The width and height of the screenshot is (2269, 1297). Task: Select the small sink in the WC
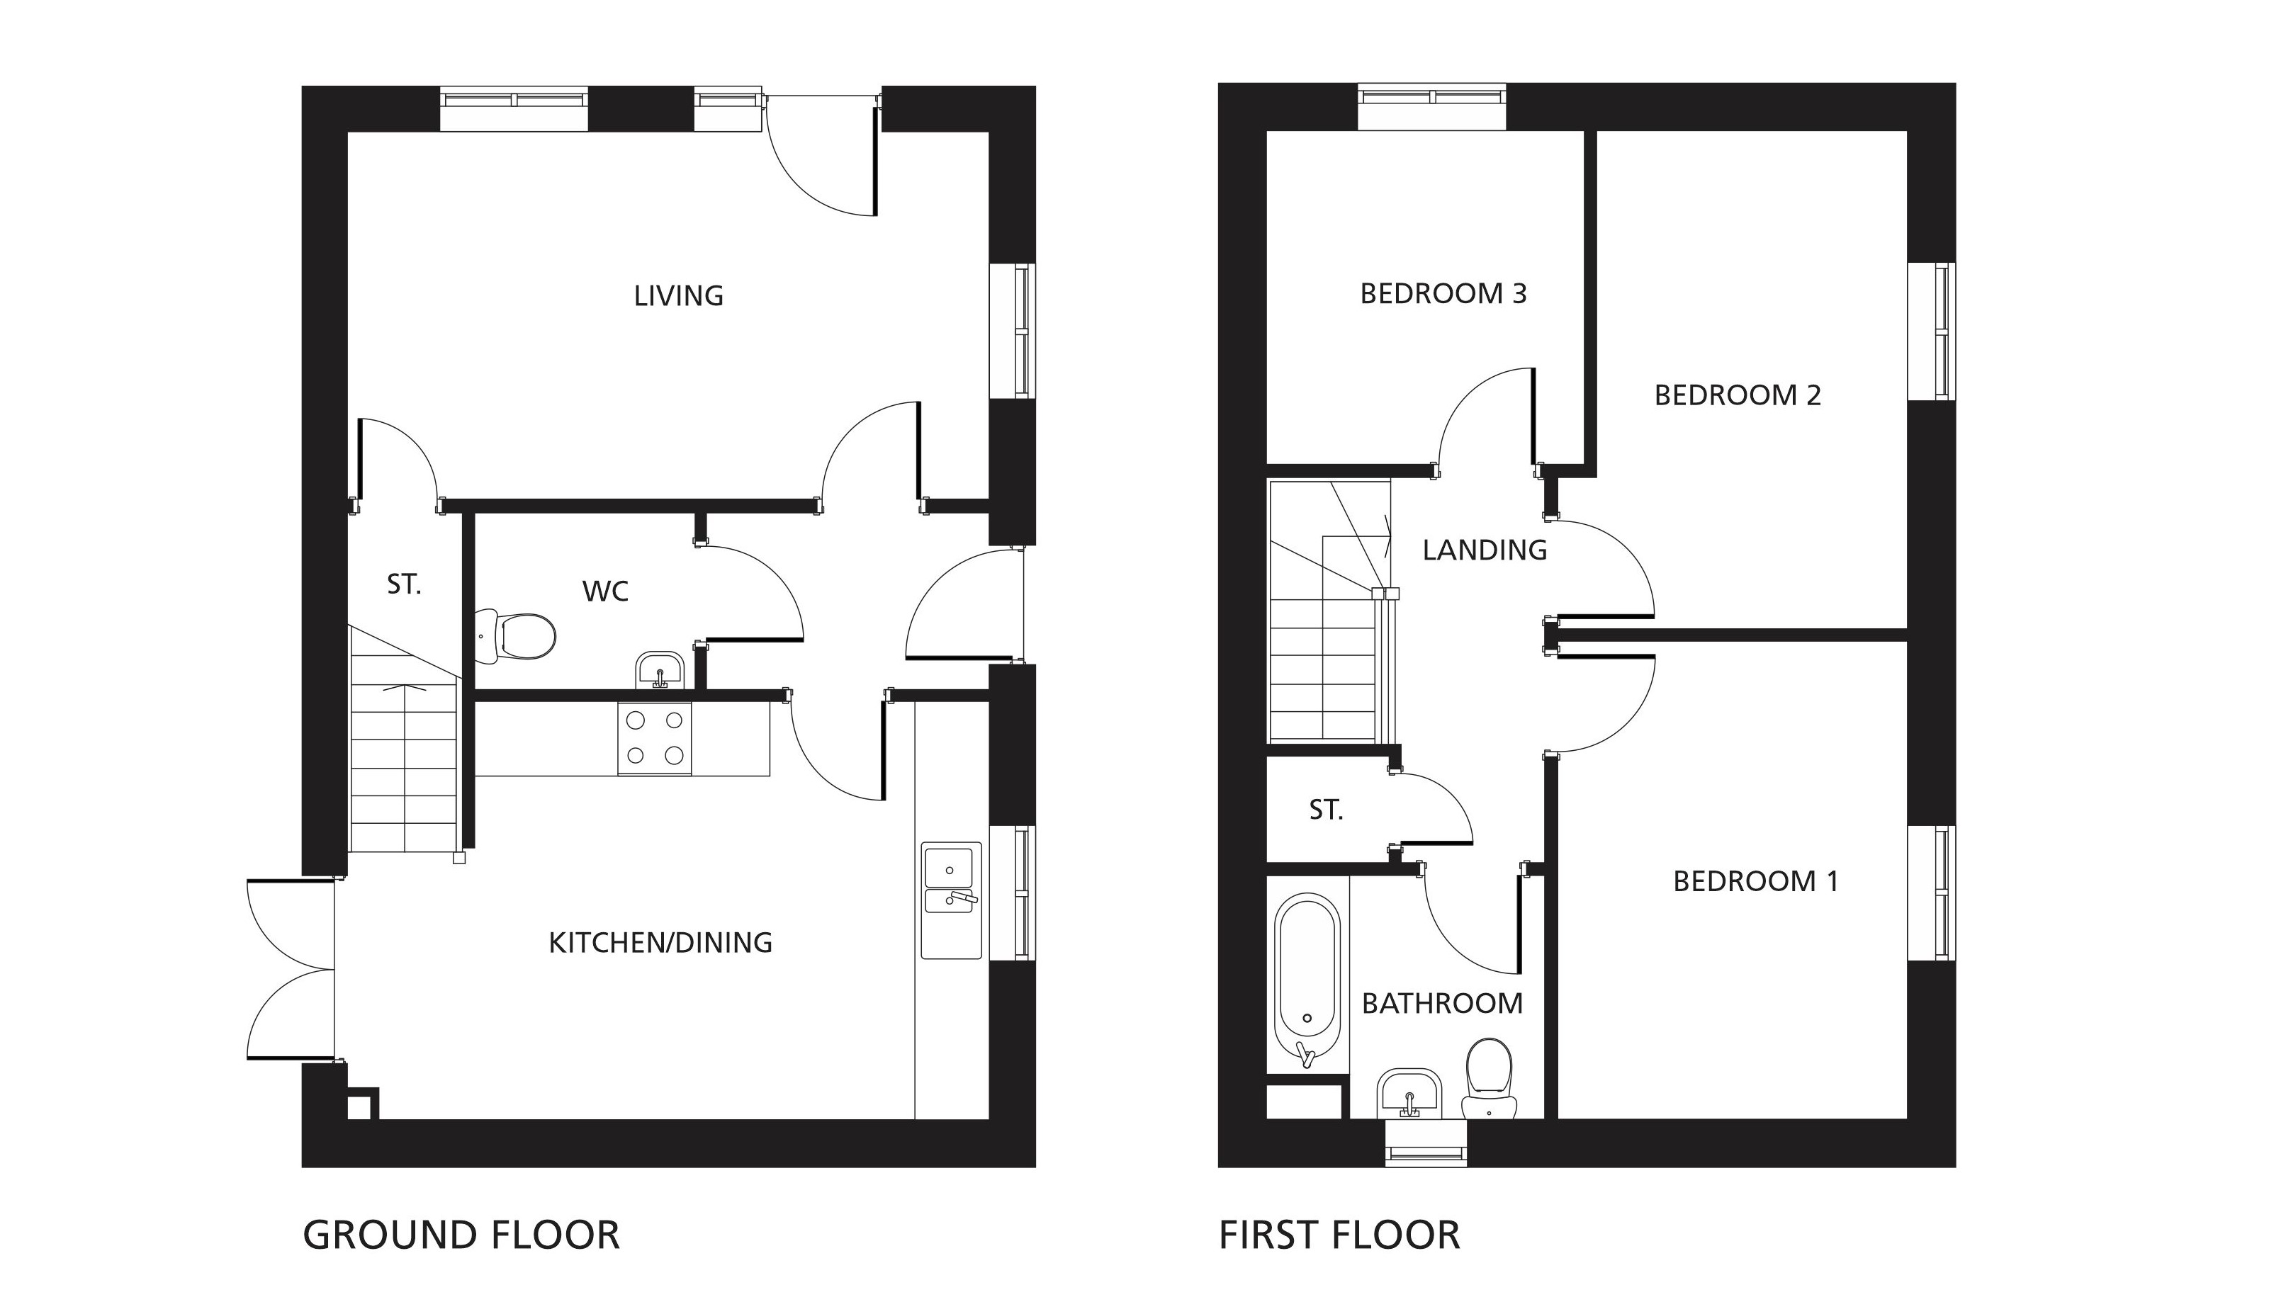point(659,670)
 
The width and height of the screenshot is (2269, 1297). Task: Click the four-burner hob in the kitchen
point(654,737)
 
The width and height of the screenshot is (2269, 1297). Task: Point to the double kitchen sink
point(950,900)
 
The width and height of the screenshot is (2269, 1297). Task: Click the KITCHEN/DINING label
point(660,942)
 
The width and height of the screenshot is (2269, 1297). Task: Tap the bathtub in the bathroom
point(1307,980)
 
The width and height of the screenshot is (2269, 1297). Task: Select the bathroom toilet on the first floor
point(1490,1079)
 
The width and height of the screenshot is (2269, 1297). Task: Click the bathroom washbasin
point(1409,1093)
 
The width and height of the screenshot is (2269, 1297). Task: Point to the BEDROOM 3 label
point(1443,294)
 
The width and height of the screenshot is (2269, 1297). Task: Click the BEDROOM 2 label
point(1737,395)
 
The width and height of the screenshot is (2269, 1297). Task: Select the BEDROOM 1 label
point(1756,881)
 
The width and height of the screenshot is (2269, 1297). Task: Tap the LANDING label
point(1484,550)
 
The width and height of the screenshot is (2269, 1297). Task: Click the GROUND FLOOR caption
point(461,1235)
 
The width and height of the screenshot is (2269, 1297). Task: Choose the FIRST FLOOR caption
point(1339,1235)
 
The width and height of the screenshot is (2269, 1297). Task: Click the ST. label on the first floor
point(1326,810)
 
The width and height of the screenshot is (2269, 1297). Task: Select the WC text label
point(605,591)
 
